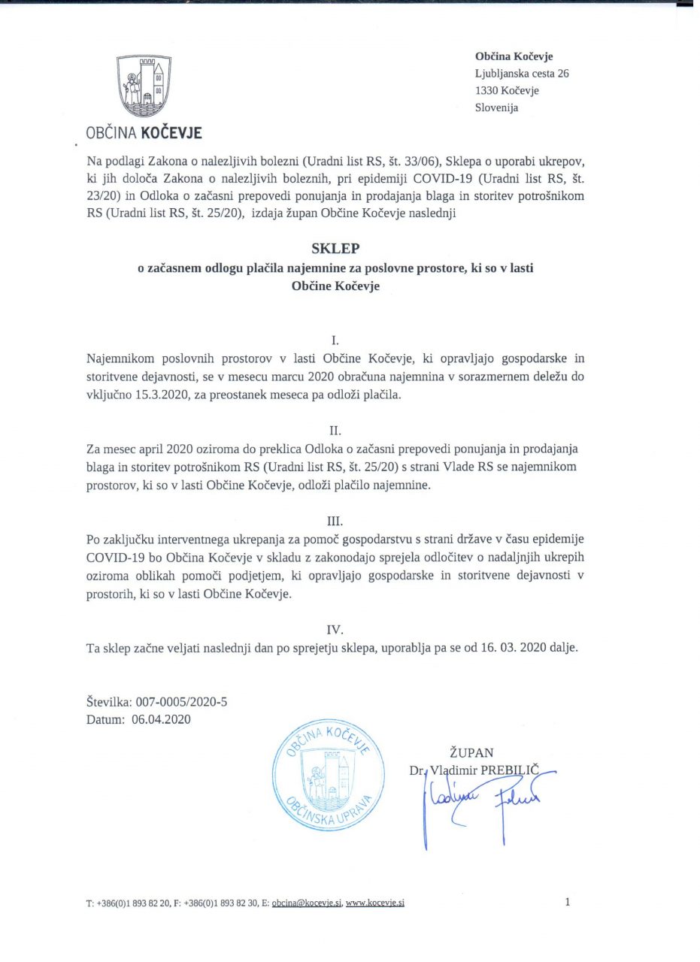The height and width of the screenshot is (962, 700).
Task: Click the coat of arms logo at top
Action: [x=143, y=86]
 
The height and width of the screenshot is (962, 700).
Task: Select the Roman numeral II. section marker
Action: [x=335, y=431]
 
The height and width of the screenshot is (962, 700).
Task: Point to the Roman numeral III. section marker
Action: [x=335, y=520]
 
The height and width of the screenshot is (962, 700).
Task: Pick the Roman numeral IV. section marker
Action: [x=335, y=629]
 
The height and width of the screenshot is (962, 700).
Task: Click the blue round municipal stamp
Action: [x=324, y=775]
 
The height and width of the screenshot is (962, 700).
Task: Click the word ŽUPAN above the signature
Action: [x=471, y=752]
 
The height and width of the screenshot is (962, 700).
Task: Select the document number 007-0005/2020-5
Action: [x=180, y=702]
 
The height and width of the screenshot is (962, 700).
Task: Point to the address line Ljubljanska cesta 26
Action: [x=522, y=74]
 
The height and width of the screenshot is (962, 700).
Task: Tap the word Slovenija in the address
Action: [x=496, y=107]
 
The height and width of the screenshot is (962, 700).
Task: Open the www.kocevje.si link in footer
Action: [x=375, y=903]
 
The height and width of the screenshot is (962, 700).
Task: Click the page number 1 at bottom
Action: [x=567, y=902]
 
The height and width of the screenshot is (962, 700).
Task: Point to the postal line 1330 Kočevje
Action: [x=507, y=90]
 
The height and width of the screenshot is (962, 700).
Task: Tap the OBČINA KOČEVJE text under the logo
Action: [x=144, y=134]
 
